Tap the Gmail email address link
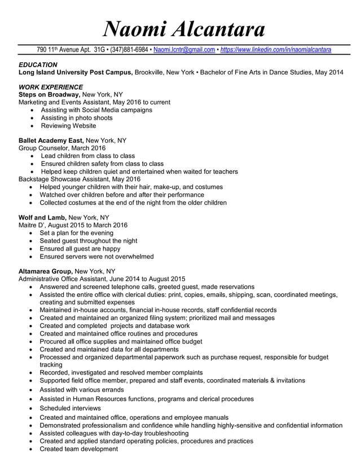(x=184, y=50)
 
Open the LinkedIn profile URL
(x=276, y=50)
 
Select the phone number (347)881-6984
(x=130, y=50)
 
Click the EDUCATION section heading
(x=38, y=65)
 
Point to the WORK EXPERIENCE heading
(x=51, y=87)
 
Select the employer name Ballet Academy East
(x=51, y=140)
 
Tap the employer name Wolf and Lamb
(x=42, y=217)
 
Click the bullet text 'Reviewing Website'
(x=68, y=126)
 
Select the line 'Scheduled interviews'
(x=71, y=408)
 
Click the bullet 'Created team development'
(x=78, y=449)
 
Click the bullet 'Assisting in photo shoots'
(x=77, y=118)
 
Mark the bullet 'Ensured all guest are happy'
(x=80, y=248)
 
